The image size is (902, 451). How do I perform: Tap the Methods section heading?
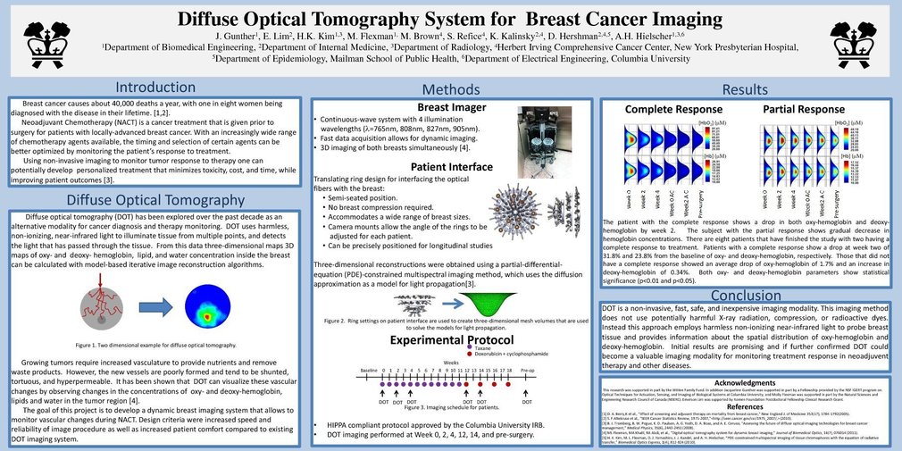[x=450, y=89]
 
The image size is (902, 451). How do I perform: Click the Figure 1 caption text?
[x=156, y=344]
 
